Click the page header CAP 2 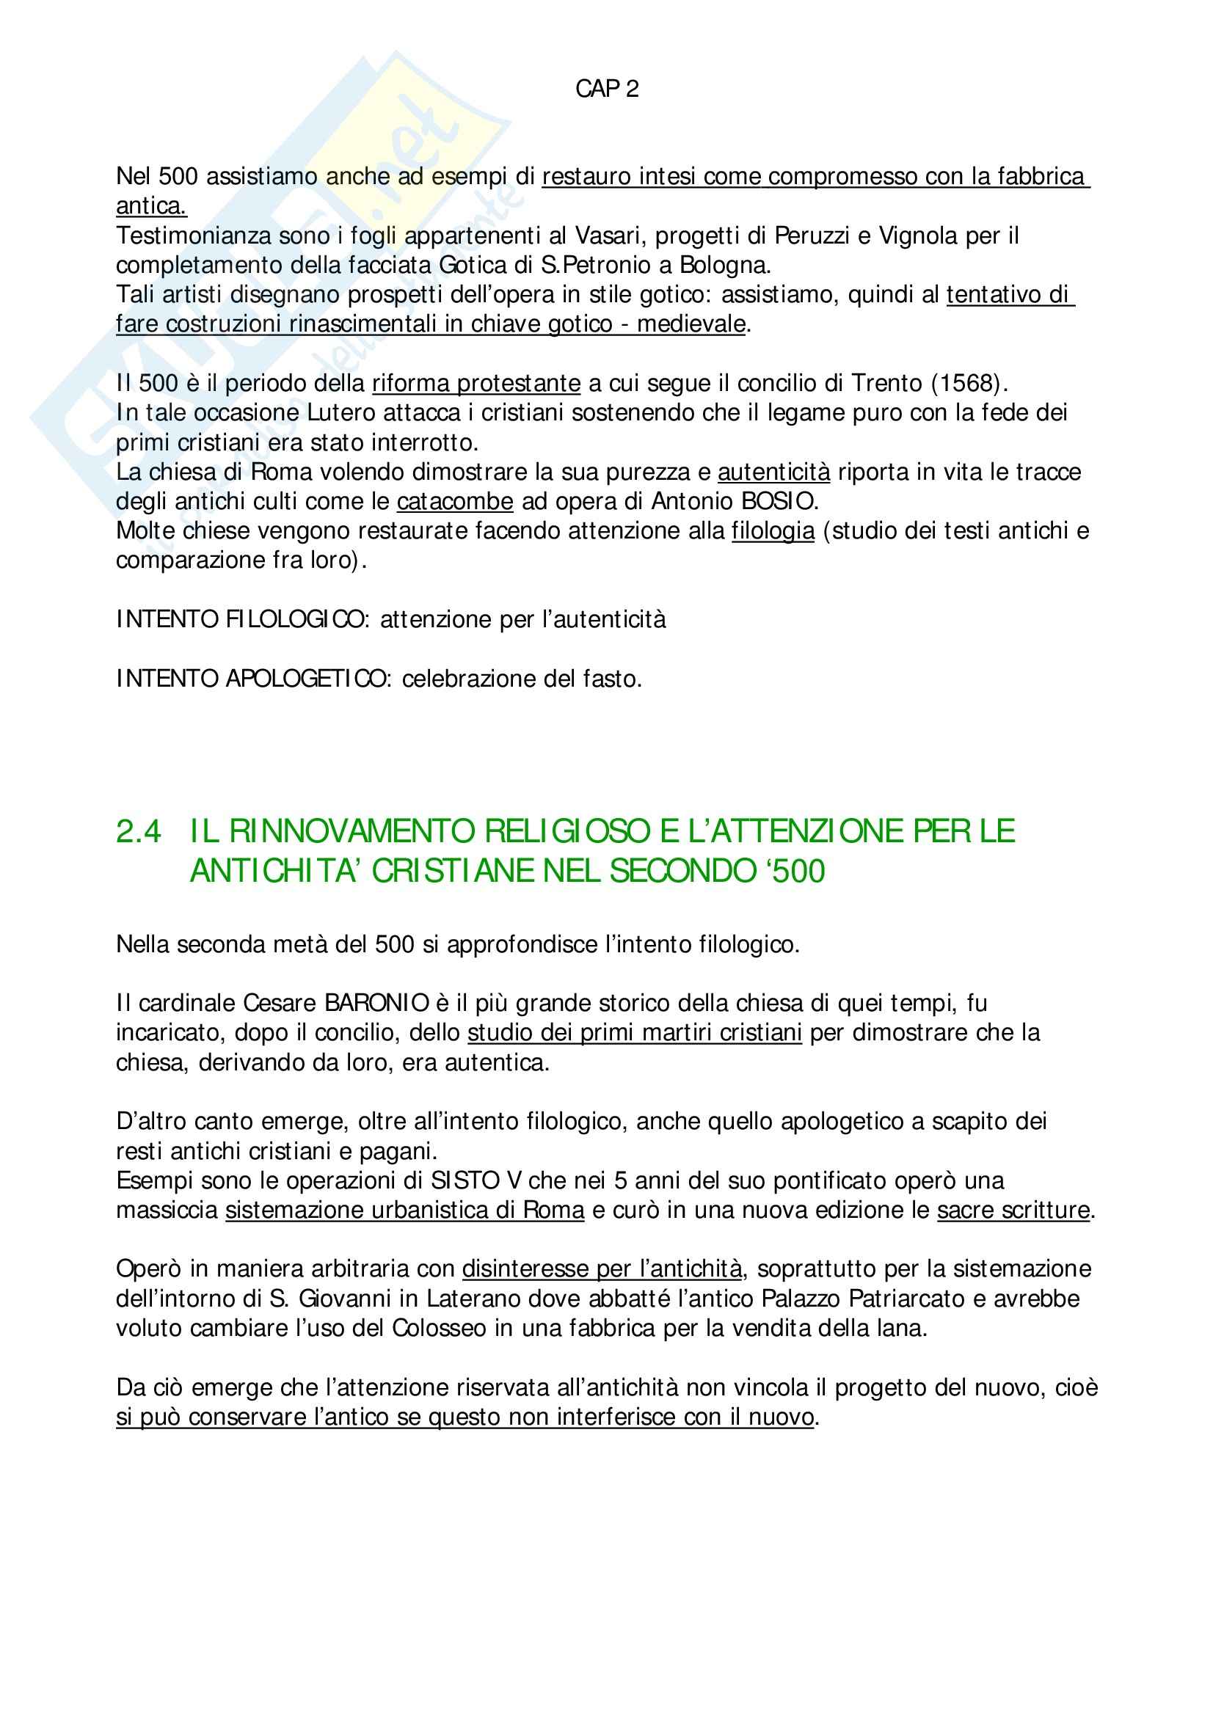(606, 89)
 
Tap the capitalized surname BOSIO (779, 501)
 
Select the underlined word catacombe (454, 501)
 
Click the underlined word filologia (773, 530)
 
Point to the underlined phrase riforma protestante (476, 384)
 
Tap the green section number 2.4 (139, 831)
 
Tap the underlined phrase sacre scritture (1013, 1210)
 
